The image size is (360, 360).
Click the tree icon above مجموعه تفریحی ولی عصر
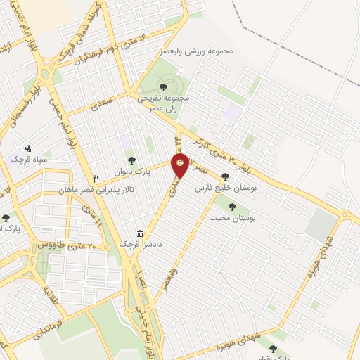click(162, 86)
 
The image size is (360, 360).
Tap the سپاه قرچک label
click(27, 160)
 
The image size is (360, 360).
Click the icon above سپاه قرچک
click(28, 148)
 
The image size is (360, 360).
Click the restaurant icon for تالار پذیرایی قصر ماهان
click(97, 179)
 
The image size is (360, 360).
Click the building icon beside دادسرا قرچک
click(141, 233)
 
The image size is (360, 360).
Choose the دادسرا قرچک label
click(121, 243)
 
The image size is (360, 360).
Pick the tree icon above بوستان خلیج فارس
click(225, 177)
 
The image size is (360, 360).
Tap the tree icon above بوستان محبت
click(232, 206)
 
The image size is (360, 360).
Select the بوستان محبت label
click(231, 218)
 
